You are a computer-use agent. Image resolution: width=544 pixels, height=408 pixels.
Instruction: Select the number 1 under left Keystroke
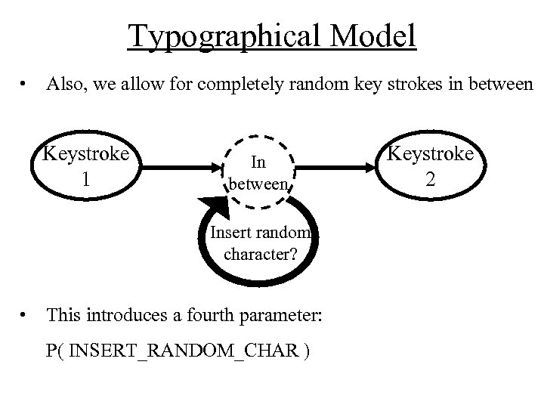tap(86, 181)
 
